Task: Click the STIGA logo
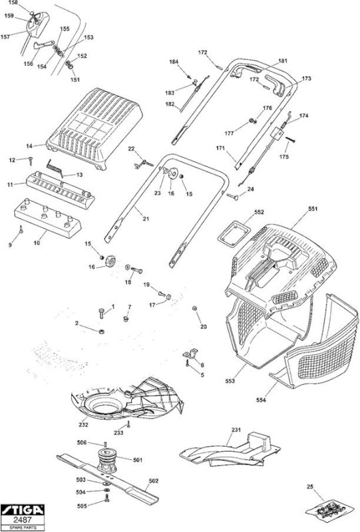23,510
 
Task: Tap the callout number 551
313,209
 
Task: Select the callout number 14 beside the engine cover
29,146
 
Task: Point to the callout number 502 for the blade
154,481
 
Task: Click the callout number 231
236,430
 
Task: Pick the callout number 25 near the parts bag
309,487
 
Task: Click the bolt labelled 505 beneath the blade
107,498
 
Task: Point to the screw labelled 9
21,229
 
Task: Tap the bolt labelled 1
102,313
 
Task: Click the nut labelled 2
101,331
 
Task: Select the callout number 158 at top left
13,3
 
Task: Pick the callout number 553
230,381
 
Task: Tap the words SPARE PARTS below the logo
23,528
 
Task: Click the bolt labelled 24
232,196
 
